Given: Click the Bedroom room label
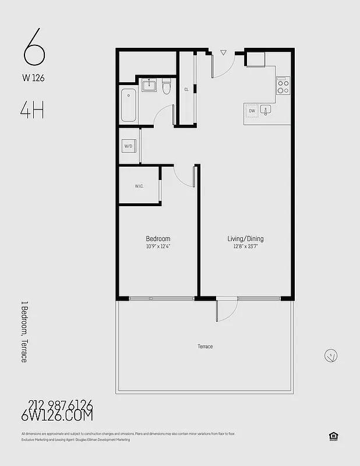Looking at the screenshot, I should pos(158,239).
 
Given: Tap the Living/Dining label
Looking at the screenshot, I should pos(245,239).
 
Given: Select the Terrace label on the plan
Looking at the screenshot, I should pos(205,347).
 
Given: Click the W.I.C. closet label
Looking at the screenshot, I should pos(139,186).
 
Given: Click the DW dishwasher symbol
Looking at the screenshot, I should pos(252,110).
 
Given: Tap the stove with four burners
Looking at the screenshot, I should pos(283,86).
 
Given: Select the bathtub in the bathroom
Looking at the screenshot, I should pos(129,105).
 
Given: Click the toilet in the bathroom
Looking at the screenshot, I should pos(166,87).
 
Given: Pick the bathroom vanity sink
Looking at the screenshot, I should pos(149,85).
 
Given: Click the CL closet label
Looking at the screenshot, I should pos(186,90).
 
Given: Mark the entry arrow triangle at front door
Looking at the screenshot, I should pos(223,53).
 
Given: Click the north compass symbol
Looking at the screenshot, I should pos(330,355).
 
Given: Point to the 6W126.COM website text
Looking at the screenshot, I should pos(57,416).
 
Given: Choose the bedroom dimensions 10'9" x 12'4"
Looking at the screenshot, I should pos(158,246).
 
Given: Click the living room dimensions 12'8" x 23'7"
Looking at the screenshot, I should pos(245,246).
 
